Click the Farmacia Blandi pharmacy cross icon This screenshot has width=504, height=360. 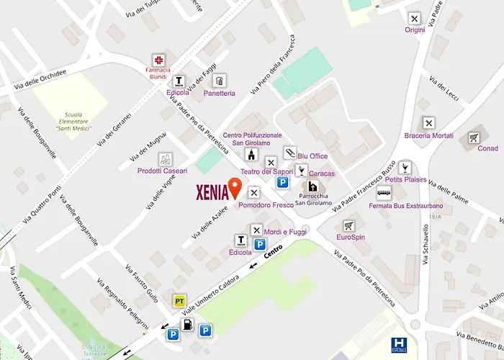pyautogui.click(x=157, y=60)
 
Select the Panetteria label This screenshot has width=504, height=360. pyautogui.click(x=219, y=94)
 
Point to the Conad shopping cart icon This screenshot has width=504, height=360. pyautogui.click(x=474, y=138)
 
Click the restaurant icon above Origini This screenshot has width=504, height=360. pyautogui.click(x=414, y=18)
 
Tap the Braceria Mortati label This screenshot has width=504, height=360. pyautogui.click(x=428, y=136)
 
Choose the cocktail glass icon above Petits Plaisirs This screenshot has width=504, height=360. pyautogui.click(x=405, y=167)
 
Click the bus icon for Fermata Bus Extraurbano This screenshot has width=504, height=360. pyautogui.click(x=384, y=192)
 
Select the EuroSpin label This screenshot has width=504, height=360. pyautogui.click(x=351, y=237)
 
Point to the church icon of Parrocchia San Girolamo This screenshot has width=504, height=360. pyautogui.click(x=315, y=186)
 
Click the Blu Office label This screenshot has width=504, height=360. pyautogui.click(x=312, y=156)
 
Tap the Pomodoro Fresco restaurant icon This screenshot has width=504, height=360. pyautogui.click(x=253, y=192)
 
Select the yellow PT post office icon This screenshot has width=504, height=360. pyautogui.click(x=179, y=299)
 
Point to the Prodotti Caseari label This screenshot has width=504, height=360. pyautogui.click(x=163, y=171)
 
